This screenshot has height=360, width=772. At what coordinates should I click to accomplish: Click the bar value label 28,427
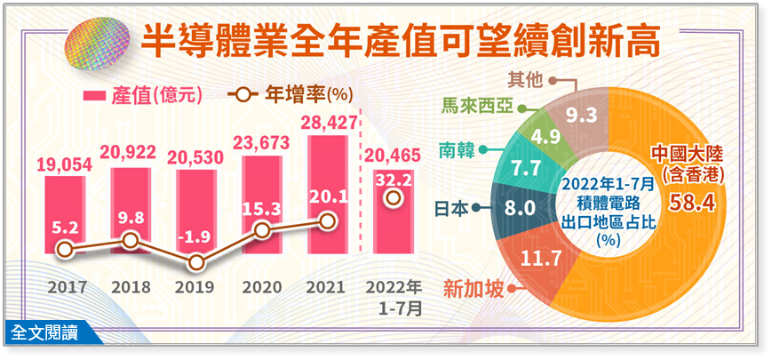tap(328, 122)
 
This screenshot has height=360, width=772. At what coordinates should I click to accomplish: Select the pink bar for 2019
tap(196, 212)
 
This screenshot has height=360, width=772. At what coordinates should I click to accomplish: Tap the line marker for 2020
tap(263, 229)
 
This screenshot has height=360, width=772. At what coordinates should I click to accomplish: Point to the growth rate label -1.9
tap(196, 236)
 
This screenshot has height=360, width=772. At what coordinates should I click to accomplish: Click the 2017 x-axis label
tap(65, 287)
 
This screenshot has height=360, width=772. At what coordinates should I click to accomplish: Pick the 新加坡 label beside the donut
tap(474, 289)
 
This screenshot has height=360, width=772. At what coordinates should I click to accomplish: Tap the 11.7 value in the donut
tap(542, 258)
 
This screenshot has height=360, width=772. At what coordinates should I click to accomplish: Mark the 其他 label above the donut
tap(527, 80)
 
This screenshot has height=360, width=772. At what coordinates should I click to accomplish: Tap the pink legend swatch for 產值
tap(95, 95)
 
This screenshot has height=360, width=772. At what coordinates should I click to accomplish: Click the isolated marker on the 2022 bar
tap(393, 198)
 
